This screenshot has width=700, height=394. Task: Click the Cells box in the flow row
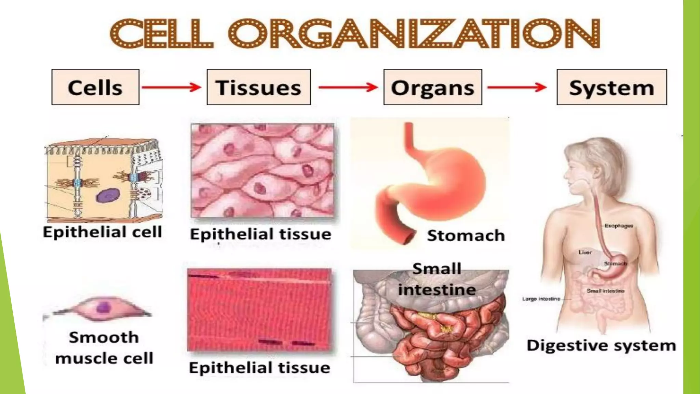95,87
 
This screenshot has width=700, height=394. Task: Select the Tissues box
259,87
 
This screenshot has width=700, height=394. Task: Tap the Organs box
433,87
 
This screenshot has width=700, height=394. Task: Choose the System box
611,87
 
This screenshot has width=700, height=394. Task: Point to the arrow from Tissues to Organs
348,87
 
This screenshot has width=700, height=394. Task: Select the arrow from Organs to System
517,87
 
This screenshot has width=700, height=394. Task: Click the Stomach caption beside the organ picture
466,236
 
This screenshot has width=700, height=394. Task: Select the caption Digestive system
601,345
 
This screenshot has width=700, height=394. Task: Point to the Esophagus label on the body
619,226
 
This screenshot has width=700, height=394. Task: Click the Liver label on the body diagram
585,252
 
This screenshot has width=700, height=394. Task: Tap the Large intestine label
541,299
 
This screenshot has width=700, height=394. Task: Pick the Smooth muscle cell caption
104,348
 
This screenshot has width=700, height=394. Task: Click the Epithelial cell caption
102,232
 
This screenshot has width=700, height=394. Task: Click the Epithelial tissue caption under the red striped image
259,368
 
